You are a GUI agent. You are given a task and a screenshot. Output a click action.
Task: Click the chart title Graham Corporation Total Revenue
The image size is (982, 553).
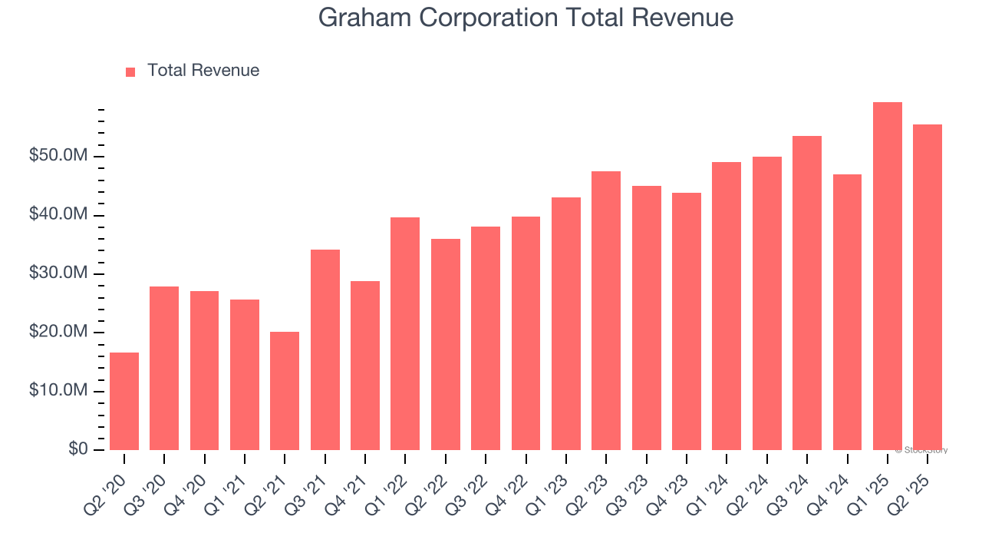[526, 18]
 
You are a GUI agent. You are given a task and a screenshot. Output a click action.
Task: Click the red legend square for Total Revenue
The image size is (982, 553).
[130, 71]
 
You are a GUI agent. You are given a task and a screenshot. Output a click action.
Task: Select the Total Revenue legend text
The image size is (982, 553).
[203, 71]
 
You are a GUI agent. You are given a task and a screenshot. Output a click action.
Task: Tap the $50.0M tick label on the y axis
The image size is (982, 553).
[58, 157]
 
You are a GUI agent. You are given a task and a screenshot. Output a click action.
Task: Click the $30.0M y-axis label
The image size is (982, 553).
[58, 274]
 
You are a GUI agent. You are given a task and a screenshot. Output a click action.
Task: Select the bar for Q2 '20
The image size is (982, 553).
[124, 401]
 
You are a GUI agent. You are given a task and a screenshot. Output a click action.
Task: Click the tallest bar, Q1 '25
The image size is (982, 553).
[887, 276]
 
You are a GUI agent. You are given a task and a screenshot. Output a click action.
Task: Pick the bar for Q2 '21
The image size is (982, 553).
[285, 391]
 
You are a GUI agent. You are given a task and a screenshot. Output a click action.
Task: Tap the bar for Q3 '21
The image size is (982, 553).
[325, 349]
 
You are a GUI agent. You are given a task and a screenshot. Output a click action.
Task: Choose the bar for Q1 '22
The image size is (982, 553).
[405, 333]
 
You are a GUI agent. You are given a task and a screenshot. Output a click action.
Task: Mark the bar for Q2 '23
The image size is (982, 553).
[606, 310]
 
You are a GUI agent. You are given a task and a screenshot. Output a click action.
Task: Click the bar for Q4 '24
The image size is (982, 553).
[847, 312]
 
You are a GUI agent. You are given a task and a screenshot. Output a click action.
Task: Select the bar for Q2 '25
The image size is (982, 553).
[928, 287]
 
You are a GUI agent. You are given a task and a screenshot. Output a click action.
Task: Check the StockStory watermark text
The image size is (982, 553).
[921, 450]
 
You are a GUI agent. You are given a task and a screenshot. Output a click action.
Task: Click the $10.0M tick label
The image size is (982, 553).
[58, 391]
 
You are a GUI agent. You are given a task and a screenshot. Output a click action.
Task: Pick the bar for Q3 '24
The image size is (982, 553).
[807, 293]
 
